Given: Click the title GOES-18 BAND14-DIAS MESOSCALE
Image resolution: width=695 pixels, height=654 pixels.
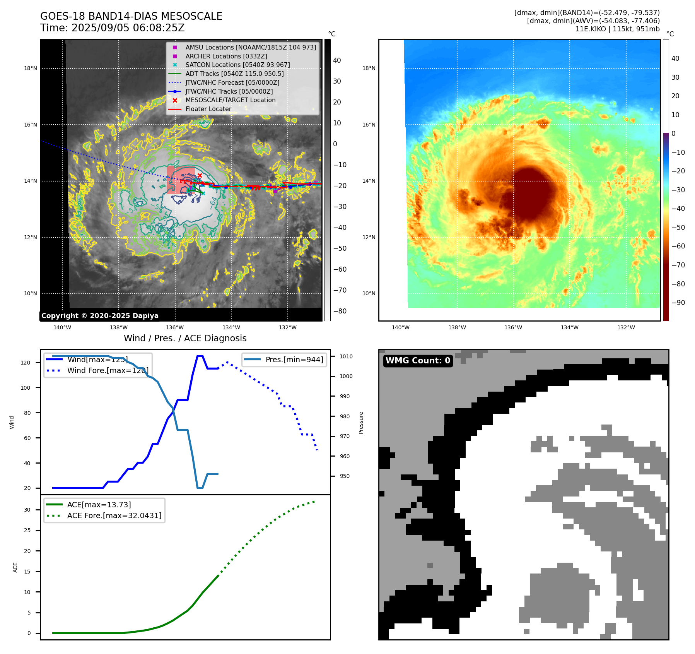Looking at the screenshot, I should point(131,16).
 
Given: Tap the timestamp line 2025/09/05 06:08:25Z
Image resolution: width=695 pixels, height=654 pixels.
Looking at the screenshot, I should point(113,28).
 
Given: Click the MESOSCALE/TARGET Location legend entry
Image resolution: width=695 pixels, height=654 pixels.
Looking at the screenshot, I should point(231,100).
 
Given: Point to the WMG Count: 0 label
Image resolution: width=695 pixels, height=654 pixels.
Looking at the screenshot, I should point(418,361).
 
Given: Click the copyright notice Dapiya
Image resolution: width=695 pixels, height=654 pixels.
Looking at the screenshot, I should point(100,316).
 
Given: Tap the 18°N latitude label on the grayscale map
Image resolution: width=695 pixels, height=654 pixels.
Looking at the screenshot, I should point(31,68).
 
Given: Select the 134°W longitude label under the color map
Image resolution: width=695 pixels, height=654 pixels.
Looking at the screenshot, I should point(570,327).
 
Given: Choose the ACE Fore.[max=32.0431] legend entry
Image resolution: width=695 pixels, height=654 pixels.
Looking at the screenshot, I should point(114,515).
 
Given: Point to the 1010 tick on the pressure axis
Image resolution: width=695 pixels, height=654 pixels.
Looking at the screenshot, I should point(346,356).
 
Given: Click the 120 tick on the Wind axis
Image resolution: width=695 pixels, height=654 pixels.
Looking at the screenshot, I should point(26,363).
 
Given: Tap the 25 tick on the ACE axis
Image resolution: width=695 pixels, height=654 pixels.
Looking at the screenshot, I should point(27,530).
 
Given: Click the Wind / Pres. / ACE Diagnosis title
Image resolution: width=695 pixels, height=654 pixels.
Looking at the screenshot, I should point(185,338).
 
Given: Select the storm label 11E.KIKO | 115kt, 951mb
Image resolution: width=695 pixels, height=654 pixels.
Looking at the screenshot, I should point(617,29).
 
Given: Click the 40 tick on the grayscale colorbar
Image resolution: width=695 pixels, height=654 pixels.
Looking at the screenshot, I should point(337,60).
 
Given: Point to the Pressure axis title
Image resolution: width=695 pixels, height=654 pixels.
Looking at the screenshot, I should point(361,423).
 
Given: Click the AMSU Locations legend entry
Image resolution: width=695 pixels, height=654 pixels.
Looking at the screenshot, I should point(250,47).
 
